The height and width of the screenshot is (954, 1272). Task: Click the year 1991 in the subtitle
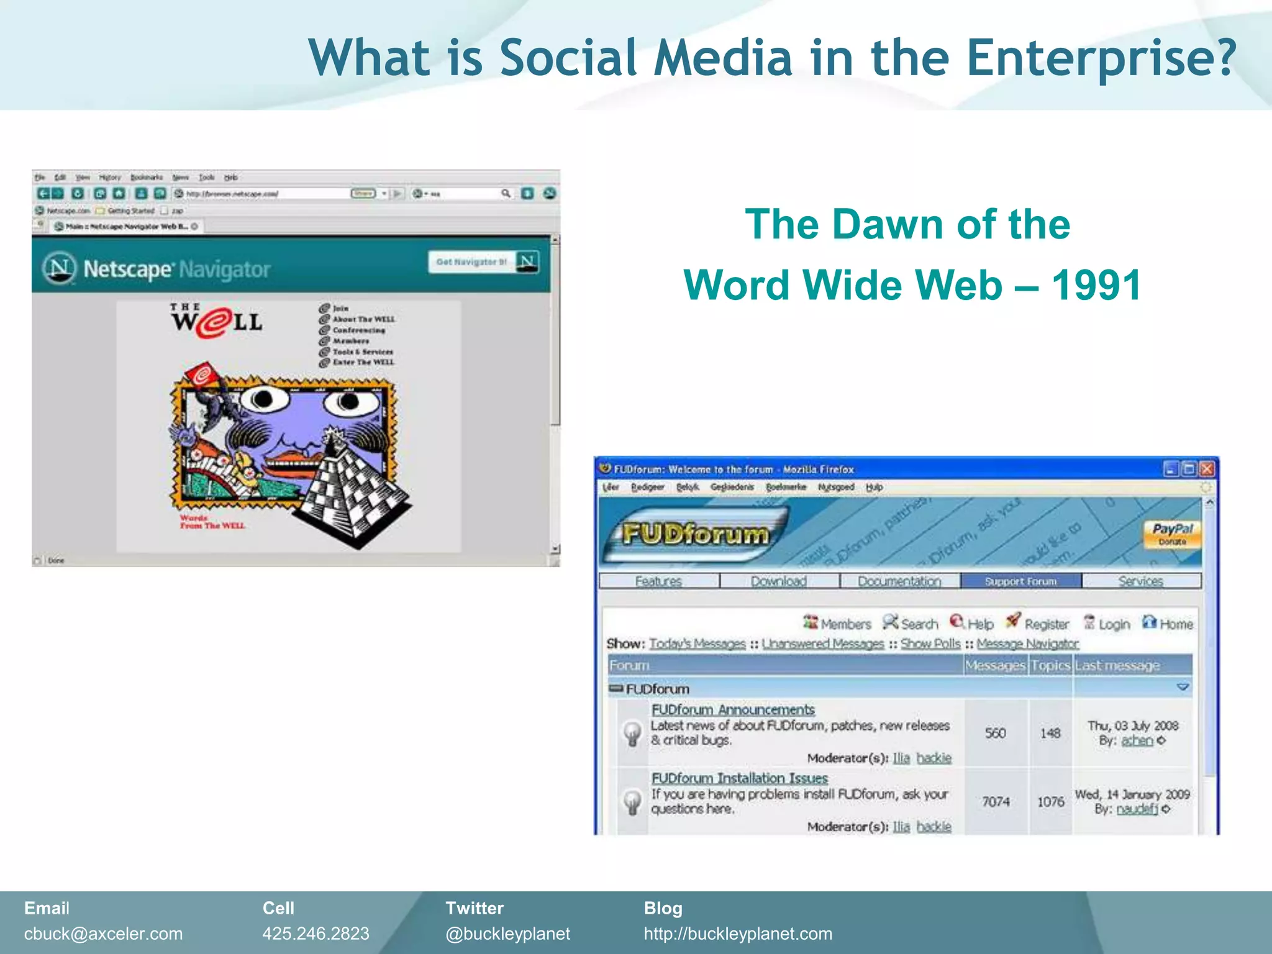1096,286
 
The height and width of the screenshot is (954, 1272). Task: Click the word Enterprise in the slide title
1101,58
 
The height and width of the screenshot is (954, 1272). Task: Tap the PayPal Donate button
1172,534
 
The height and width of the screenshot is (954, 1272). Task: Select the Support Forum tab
1020,581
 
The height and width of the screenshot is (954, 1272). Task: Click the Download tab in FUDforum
779,581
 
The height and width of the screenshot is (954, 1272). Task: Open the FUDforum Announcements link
733,709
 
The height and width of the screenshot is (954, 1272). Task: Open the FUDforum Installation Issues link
739,778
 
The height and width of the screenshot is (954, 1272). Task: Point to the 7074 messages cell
996,802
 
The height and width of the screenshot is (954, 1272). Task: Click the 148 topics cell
1050,734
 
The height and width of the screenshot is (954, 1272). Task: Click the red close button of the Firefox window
1206,469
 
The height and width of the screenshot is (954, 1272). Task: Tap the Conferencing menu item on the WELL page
358,330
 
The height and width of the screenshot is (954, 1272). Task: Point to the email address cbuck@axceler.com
104,934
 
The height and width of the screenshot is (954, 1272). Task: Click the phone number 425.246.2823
316,934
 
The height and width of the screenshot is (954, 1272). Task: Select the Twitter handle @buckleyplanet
507,934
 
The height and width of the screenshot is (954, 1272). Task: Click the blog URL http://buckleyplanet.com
738,934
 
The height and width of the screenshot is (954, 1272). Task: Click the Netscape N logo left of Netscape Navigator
60,268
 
